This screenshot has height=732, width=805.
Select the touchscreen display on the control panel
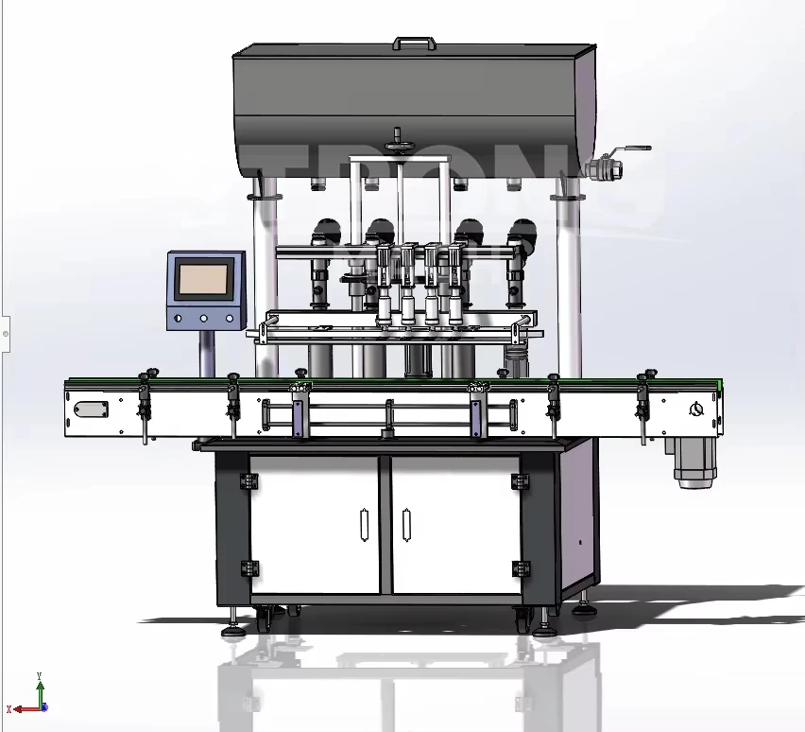click(203, 280)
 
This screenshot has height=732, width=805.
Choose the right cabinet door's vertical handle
click(405, 526)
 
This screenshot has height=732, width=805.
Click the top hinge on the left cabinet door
click(250, 482)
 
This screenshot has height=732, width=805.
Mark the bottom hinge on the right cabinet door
click(518, 568)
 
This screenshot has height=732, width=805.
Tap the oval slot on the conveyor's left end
click(92, 410)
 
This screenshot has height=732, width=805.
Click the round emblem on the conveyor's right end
click(696, 409)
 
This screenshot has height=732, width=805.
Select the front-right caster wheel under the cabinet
click(522, 619)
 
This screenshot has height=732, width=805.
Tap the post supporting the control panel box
click(206, 353)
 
